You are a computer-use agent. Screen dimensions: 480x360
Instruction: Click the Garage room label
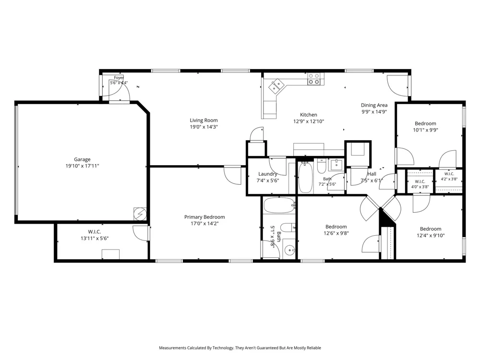pos(82,159)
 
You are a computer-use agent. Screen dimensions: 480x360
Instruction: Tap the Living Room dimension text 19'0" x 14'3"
pos(204,127)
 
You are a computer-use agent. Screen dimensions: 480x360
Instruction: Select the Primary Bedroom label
pos(204,217)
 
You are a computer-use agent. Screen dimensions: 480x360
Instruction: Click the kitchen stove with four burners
pos(314,79)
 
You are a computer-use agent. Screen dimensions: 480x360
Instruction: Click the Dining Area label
pos(374,105)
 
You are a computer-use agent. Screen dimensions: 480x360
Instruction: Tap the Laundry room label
pos(267,174)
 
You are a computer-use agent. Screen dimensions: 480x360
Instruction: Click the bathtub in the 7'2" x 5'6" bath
pos(305,178)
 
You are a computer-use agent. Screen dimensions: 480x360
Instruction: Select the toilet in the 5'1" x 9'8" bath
pos(288,228)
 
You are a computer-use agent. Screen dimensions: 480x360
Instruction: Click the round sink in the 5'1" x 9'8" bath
pos(289,251)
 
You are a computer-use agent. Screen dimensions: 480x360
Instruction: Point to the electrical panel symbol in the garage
pos(140,214)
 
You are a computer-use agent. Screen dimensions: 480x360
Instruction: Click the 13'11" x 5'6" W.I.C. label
pos(94,232)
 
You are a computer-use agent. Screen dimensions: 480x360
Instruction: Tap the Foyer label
pos(119,78)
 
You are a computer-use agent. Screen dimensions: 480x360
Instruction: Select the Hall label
pos(372,174)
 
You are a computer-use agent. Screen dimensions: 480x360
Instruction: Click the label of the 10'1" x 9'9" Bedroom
pos(425,124)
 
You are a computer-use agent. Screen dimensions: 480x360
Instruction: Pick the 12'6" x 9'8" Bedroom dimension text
pos(336,233)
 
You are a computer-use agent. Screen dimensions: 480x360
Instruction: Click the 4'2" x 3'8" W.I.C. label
pos(449,174)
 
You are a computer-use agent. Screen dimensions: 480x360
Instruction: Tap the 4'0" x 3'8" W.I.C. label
pos(420,181)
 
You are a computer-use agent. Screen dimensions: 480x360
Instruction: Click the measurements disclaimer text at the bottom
pos(240,348)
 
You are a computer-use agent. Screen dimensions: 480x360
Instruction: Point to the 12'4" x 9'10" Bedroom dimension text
pos(431,235)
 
